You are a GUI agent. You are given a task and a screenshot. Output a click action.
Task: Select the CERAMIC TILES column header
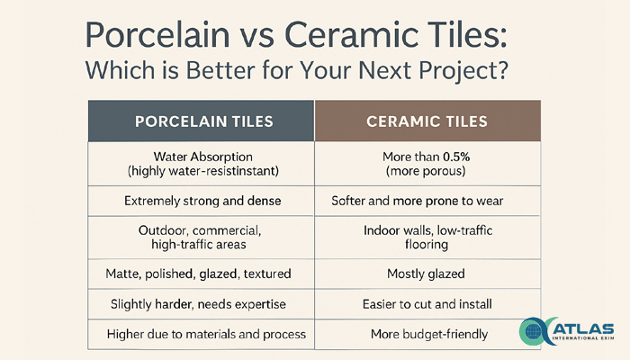pyautogui.click(x=427, y=121)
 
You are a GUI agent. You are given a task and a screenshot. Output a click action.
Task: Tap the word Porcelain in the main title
pyautogui.click(x=157, y=35)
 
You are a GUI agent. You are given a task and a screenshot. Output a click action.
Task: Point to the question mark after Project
pyautogui.click(x=501, y=70)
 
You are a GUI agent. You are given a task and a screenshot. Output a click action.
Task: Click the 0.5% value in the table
pyautogui.click(x=456, y=157)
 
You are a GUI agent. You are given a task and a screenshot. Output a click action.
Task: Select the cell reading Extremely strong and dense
pyautogui.click(x=202, y=201)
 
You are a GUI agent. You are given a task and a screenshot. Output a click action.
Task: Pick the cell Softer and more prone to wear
pyautogui.click(x=417, y=201)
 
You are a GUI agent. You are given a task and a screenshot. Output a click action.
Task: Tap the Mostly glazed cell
pyautogui.click(x=426, y=274)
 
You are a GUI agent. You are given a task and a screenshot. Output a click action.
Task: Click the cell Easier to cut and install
pyautogui.click(x=427, y=304)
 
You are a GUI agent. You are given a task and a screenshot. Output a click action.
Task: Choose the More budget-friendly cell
pyautogui.click(x=429, y=334)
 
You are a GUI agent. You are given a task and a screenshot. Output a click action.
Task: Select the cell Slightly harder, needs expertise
pyautogui.click(x=198, y=304)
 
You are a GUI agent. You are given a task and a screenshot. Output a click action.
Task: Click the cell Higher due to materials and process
pyautogui.click(x=206, y=334)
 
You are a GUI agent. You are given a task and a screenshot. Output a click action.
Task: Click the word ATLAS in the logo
pyautogui.click(x=583, y=328)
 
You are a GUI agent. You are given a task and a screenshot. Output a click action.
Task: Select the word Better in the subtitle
pyautogui.click(x=220, y=70)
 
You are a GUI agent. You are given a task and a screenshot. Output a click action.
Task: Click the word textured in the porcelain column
pyautogui.click(x=267, y=274)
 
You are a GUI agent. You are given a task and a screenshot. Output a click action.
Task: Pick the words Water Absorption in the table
pyautogui.click(x=202, y=157)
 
